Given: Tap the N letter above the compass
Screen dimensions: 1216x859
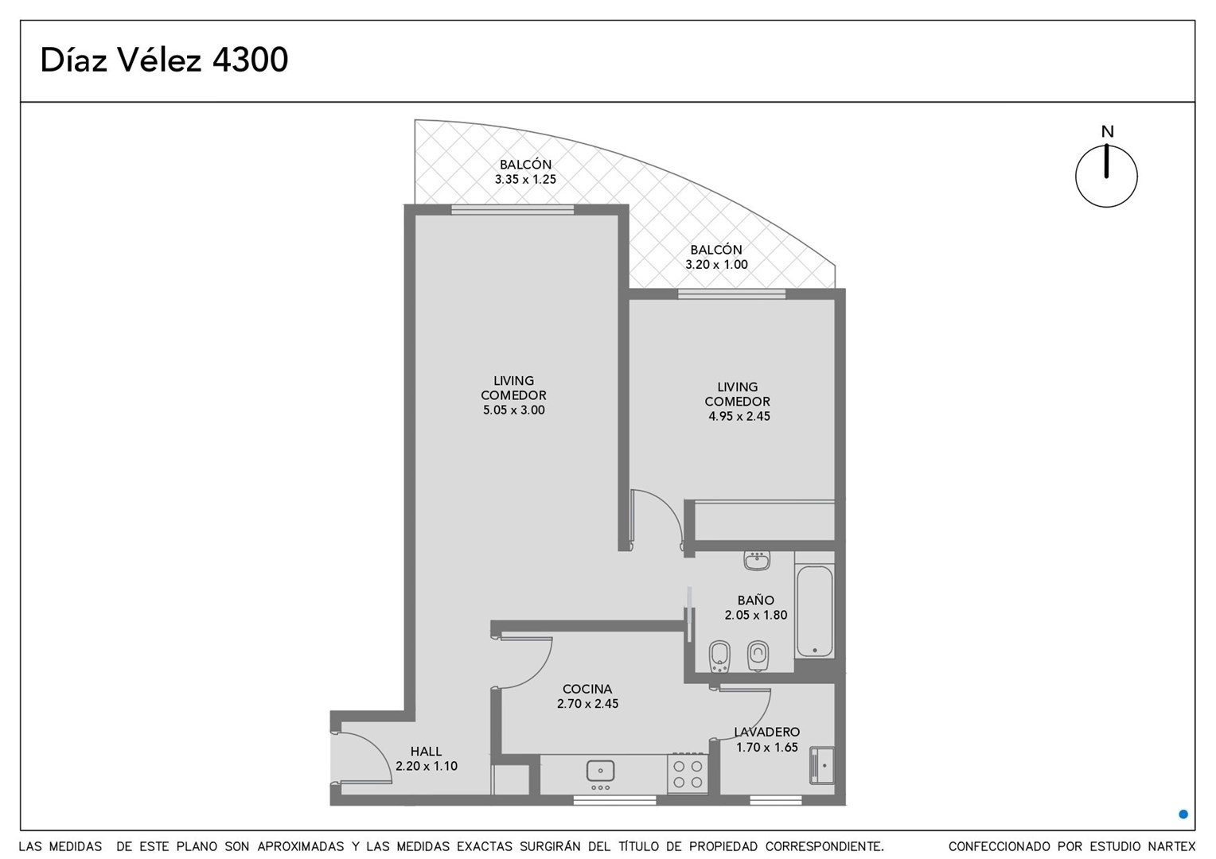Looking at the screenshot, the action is click(x=1108, y=131).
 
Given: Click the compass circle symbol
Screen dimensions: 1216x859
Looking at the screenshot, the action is click(x=1106, y=176).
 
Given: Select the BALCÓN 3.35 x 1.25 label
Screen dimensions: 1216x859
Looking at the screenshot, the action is click(x=525, y=172).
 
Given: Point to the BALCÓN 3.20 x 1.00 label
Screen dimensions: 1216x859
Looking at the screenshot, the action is click(x=716, y=257).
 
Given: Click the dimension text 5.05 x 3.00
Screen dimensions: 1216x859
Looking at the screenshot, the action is click(x=514, y=410).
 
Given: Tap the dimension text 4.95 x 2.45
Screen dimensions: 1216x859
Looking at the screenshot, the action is click(x=739, y=416).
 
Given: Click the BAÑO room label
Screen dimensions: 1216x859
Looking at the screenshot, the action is click(x=756, y=601).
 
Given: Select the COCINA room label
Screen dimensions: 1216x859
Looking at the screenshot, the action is click(x=587, y=689).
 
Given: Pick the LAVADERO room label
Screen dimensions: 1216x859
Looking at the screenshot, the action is click(x=767, y=732).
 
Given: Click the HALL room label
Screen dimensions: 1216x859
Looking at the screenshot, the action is click(x=426, y=752).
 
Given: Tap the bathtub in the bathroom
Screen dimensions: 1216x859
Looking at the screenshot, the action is click(x=814, y=612).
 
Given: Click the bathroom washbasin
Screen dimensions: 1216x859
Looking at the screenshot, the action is click(x=757, y=561).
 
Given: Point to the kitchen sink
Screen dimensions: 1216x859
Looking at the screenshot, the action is click(x=600, y=771).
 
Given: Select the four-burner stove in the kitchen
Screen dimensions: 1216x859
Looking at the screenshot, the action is click(x=688, y=774).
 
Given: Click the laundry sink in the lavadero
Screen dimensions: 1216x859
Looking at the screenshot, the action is click(x=822, y=766).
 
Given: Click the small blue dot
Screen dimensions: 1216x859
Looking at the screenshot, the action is click(x=1183, y=814).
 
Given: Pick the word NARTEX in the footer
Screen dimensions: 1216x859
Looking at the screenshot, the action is click(x=1172, y=846).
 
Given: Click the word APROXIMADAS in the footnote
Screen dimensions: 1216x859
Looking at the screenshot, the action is click(x=301, y=846).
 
